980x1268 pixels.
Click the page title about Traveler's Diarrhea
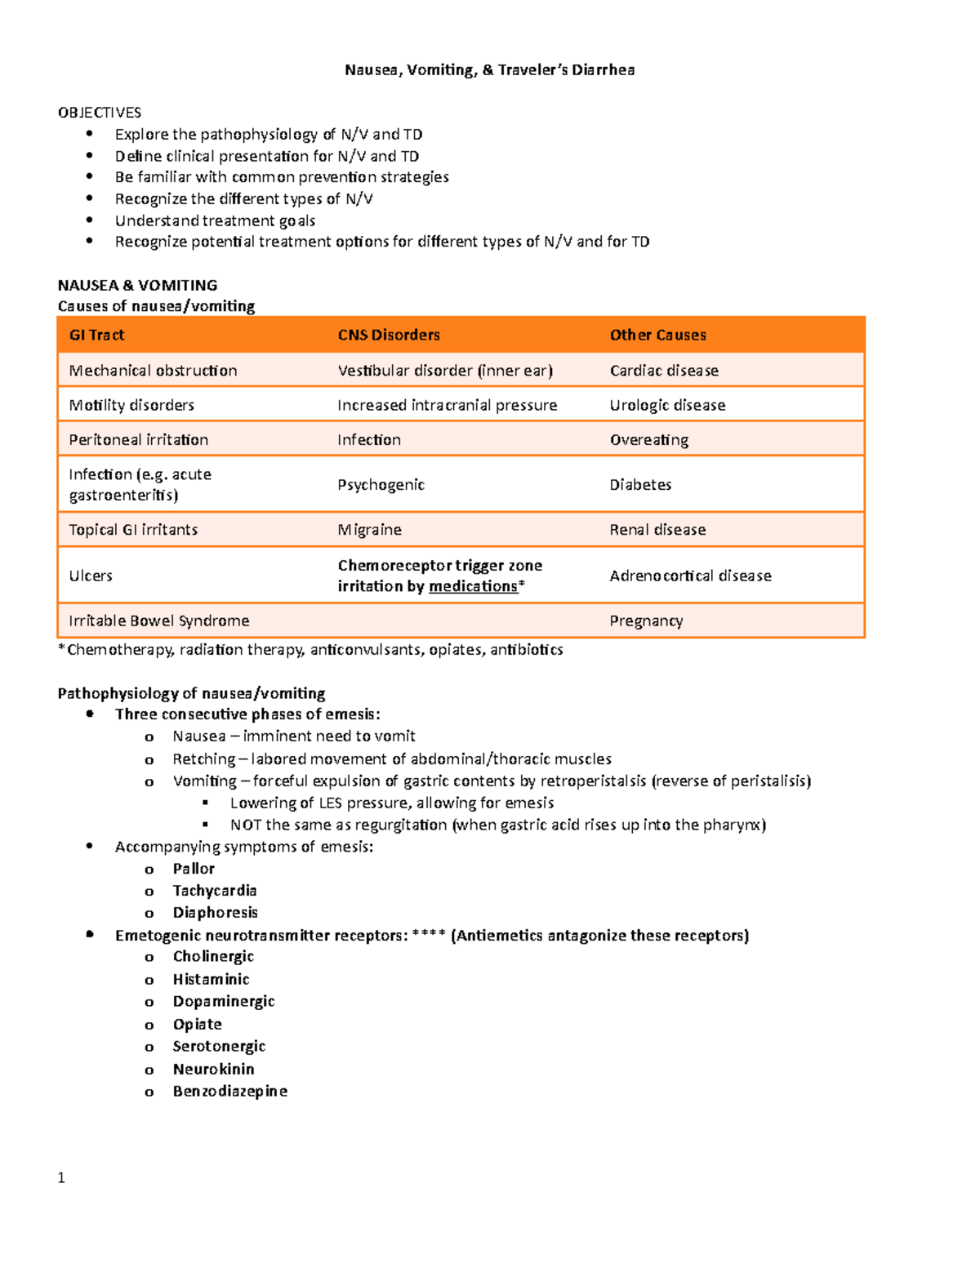489,69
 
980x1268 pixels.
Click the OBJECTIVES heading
99,113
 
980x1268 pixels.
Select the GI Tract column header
96,335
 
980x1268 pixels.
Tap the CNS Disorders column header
388,335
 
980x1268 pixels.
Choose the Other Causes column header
657,335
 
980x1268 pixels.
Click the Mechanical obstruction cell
153,371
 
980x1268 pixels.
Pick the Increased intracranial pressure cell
447,405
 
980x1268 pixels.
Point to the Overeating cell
648,440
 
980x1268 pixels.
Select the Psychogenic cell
381,485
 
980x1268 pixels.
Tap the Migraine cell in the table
369,530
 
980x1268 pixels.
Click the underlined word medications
473,586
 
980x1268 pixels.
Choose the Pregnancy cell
645,621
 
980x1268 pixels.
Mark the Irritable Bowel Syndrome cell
158,621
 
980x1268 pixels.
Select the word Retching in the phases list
203,759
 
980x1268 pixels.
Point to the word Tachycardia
214,891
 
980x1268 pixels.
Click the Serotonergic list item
219,1047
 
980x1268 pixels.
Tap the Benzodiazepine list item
229,1092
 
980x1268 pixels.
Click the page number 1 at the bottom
61,1177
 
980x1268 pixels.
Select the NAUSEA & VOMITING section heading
137,285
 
